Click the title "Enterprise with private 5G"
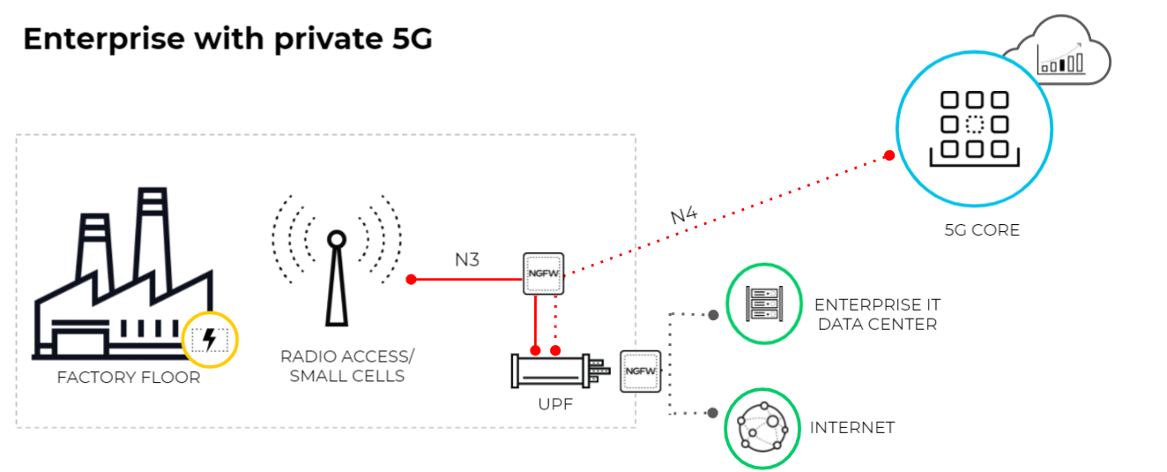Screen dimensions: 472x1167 (x=227, y=40)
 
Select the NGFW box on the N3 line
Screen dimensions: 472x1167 (x=543, y=274)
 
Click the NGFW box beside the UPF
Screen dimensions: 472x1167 (x=640, y=371)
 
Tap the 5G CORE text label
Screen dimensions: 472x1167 (x=982, y=231)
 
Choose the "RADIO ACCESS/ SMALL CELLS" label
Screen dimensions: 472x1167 (x=347, y=366)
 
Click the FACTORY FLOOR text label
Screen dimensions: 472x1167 (x=129, y=378)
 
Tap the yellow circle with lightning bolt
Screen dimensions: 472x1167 (x=210, y=340)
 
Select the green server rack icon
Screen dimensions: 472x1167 (x=762, y=303)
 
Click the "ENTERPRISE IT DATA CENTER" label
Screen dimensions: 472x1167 (x=877, y=314)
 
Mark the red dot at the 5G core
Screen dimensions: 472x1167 (x=889, y=155)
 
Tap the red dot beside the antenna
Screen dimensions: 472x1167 (x=411, y=280)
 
